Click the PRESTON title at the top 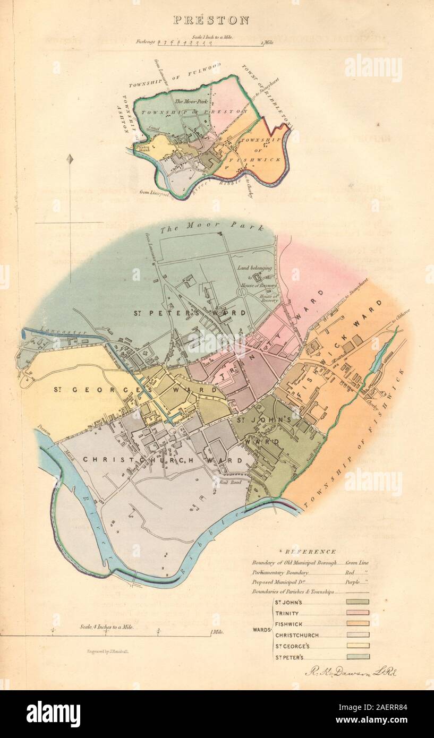211,21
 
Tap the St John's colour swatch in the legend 358,602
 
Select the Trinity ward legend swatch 358,613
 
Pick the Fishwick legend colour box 358,624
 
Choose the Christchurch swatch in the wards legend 358,635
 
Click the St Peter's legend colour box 358,657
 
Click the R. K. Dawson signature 351,672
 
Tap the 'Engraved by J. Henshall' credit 110,650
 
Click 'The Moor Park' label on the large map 210,227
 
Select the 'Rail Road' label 226,482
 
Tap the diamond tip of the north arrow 70,159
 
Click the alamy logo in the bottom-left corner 53,714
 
